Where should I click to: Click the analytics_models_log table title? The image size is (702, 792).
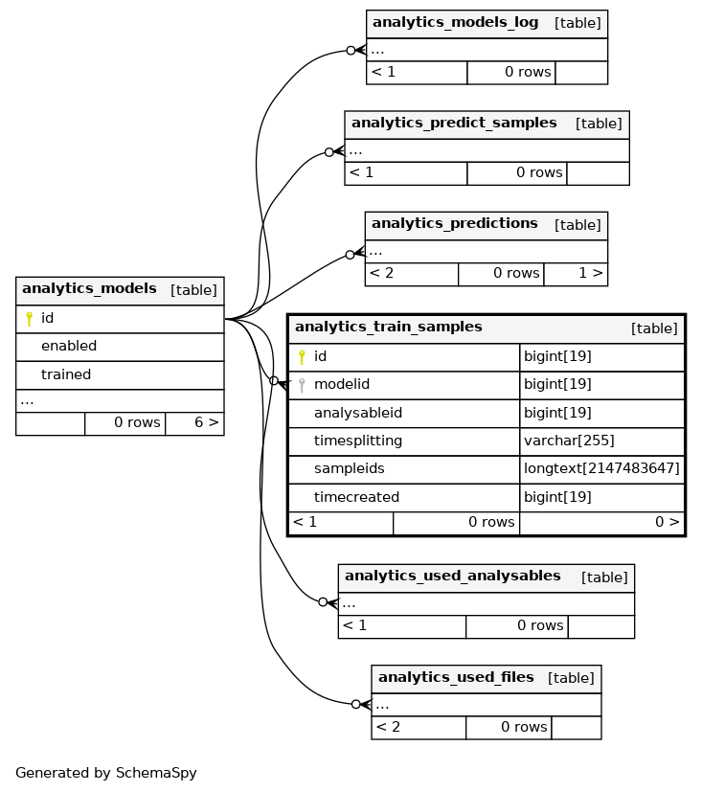(455, 22)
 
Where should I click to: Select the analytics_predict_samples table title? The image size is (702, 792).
(454, 123)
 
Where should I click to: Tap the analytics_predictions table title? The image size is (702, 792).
(455, 223)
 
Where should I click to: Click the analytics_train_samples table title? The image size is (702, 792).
(389, 327)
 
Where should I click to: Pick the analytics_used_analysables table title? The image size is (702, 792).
(452, 576)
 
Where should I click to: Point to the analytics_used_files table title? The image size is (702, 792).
(456, 677)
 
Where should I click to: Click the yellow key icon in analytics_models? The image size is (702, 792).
(30, 318)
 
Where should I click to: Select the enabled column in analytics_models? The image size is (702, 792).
(69, 346)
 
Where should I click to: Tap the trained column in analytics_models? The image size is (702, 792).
(66, 374)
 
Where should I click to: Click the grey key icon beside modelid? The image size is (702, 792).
(302, 385)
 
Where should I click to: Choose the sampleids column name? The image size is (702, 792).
(349, 468)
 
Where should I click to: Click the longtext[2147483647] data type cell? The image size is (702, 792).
(601, 468)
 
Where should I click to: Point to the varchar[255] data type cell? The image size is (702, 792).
(569, 441)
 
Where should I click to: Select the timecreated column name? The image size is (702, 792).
(356, 498)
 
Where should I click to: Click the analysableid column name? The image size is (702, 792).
(358, 413)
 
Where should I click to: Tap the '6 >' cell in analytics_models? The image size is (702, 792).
(195, 423)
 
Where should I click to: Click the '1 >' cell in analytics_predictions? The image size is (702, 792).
(576, 274)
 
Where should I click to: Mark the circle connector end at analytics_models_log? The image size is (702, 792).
(351, 51)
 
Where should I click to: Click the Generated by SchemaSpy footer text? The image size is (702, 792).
(106, 773)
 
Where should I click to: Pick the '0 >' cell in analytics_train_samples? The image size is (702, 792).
(602, 523)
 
